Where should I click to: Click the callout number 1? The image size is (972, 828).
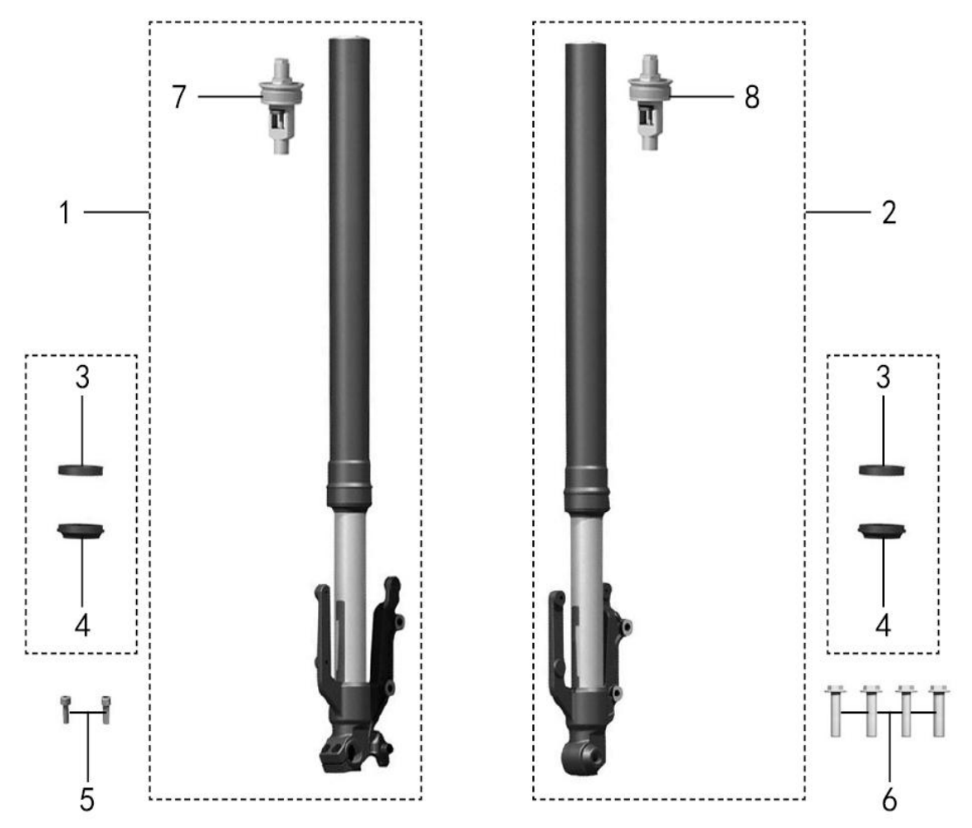click(65, 212)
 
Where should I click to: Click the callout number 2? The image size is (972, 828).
click(889, 212)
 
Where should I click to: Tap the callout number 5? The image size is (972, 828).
click(87, 800)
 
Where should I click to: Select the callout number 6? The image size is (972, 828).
click(890, 800)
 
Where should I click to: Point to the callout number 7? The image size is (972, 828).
click(179, 97)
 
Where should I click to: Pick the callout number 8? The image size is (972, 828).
click(752, 97)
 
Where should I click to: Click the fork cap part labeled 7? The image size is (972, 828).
click(281, 106)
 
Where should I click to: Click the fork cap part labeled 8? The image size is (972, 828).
click(650, 102)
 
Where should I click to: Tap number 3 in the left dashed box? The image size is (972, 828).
click(82, 377)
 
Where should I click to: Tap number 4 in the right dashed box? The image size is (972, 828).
click(883, 626)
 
